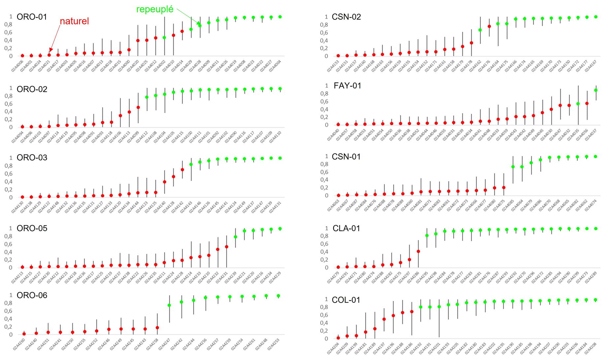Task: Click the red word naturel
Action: (x=74, y=21)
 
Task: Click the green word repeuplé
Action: (x=155, y=9)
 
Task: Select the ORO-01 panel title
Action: (x=32, y=17)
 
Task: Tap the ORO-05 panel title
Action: (x=32, y=228)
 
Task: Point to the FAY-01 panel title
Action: (x=347, y=86)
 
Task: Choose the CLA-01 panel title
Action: (x=346, y=228)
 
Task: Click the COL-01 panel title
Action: (x=346, y=300)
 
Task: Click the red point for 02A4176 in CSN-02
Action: (x=489, y=26)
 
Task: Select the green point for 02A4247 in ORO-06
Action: (x=169, y=305)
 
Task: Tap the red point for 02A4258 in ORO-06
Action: (x=157, y=328)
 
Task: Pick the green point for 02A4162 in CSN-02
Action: (x=480, y=30)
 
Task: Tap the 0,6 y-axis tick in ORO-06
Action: (x=8, y=311)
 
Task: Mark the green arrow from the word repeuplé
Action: (x=188, y=17)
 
